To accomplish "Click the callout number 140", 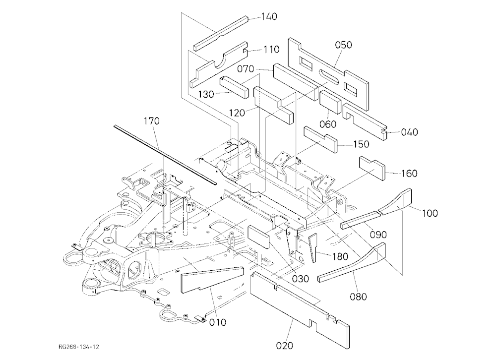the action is (x=269, y=16).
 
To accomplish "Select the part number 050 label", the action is (x=343, y=45).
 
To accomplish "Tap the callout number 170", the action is (x=152, y=121).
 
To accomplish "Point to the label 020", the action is (x=284, y=346).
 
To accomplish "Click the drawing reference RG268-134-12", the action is (x=79, y=347).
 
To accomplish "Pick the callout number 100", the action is (x=430, y=213).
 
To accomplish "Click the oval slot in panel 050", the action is (x=329, y=76).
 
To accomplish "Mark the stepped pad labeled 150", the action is (x=321, y=139).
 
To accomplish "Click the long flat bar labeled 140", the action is (x=221, y=33).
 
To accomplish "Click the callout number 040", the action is (x=409, y=132).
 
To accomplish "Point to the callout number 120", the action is (x=237, y=113).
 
